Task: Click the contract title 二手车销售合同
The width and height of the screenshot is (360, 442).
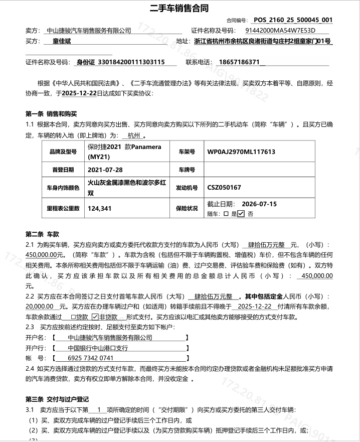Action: coord(179,9)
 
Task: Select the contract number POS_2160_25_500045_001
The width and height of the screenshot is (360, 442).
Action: coord(293,21)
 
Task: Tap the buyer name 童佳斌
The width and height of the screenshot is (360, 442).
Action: coord(62,41)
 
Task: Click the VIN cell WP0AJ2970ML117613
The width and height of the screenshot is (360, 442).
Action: coord(241,152)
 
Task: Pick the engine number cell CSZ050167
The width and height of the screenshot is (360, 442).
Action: coord(224,188)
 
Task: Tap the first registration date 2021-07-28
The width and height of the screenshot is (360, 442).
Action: coord(105,170)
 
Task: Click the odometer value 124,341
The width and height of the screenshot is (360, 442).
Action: coord(99,208)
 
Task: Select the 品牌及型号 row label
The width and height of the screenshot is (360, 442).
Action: coord(63,152)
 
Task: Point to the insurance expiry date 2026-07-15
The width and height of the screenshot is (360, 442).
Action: coord(260,204)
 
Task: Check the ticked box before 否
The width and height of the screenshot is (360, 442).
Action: coord(241,214)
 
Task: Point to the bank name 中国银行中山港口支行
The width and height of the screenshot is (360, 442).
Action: coord(98,348)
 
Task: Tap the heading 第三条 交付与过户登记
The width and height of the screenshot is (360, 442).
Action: coord(57,399)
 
